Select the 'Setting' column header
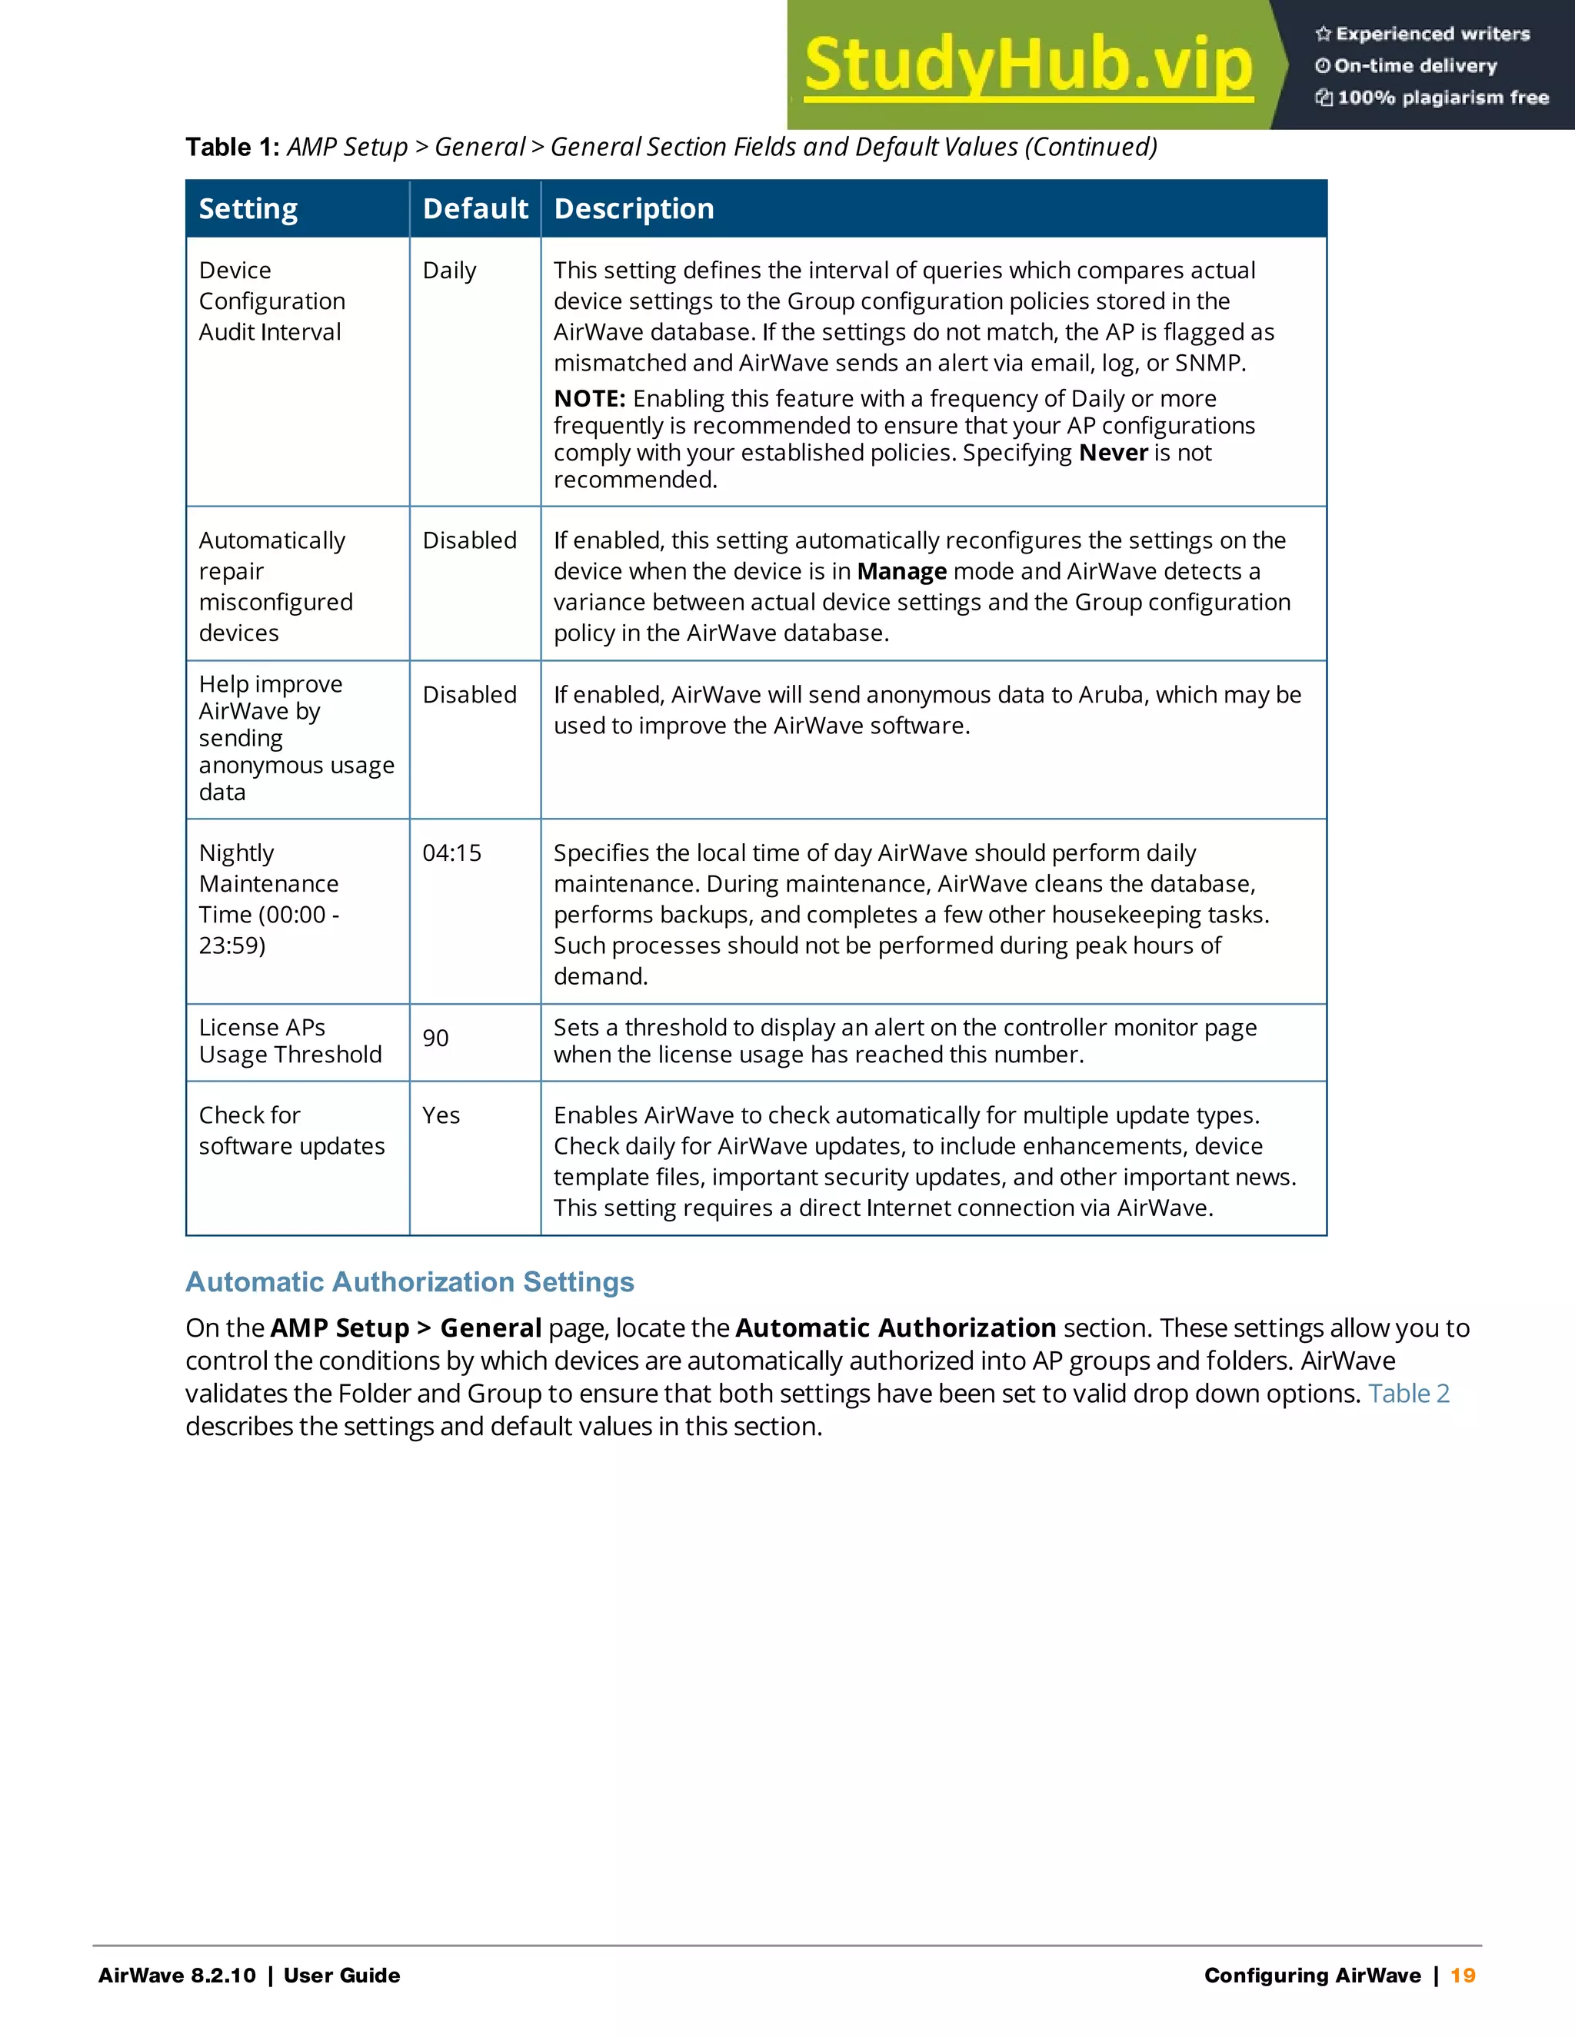(x=248, y=209)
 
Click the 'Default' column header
(x=475, y=209)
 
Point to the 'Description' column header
(x=634, y=209)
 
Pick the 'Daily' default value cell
(x=449, y=271)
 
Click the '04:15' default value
(x=451, y=852)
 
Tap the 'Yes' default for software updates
(x=441, y=1115)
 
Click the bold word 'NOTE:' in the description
(x=589, y=399)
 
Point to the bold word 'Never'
(x=1112, y=454)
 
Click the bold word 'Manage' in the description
(x=901, y=572)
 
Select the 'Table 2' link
(x=1408, y=1394)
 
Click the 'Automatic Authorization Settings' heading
(x=410, y=1281)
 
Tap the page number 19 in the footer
(x=1463, y=1975)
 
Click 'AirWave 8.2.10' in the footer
(x=178, y=1975)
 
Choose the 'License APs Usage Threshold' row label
(x=290, y=1041)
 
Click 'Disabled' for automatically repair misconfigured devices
(x=469, y=541)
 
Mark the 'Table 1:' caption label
(x=232, y=148)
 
